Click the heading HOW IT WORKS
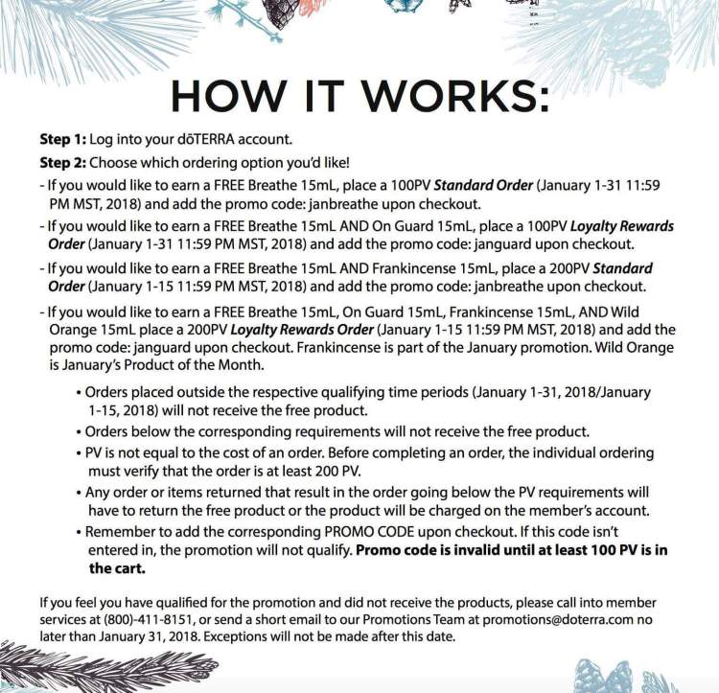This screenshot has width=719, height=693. coord(359,98)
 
